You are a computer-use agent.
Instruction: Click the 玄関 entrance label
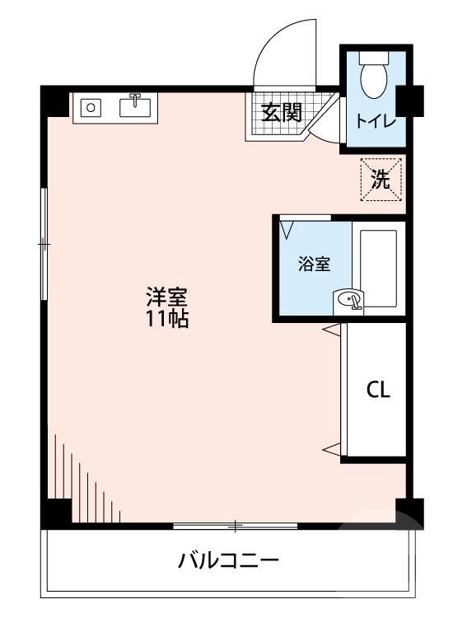point(282,113)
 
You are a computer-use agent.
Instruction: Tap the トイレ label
point(376,121)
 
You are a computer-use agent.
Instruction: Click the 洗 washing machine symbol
point(380,179)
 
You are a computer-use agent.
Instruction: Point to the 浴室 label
point(314,265)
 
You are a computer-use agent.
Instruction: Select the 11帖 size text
point(167,320)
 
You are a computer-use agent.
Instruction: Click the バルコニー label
point(229,563)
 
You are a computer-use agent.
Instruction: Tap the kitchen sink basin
point(137,107)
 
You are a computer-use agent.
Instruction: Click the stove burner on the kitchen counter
point(91,107)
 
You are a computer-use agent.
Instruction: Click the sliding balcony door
point(236,525)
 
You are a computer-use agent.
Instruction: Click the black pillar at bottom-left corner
point(57,512)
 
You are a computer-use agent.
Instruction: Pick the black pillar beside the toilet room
point(409,100)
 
